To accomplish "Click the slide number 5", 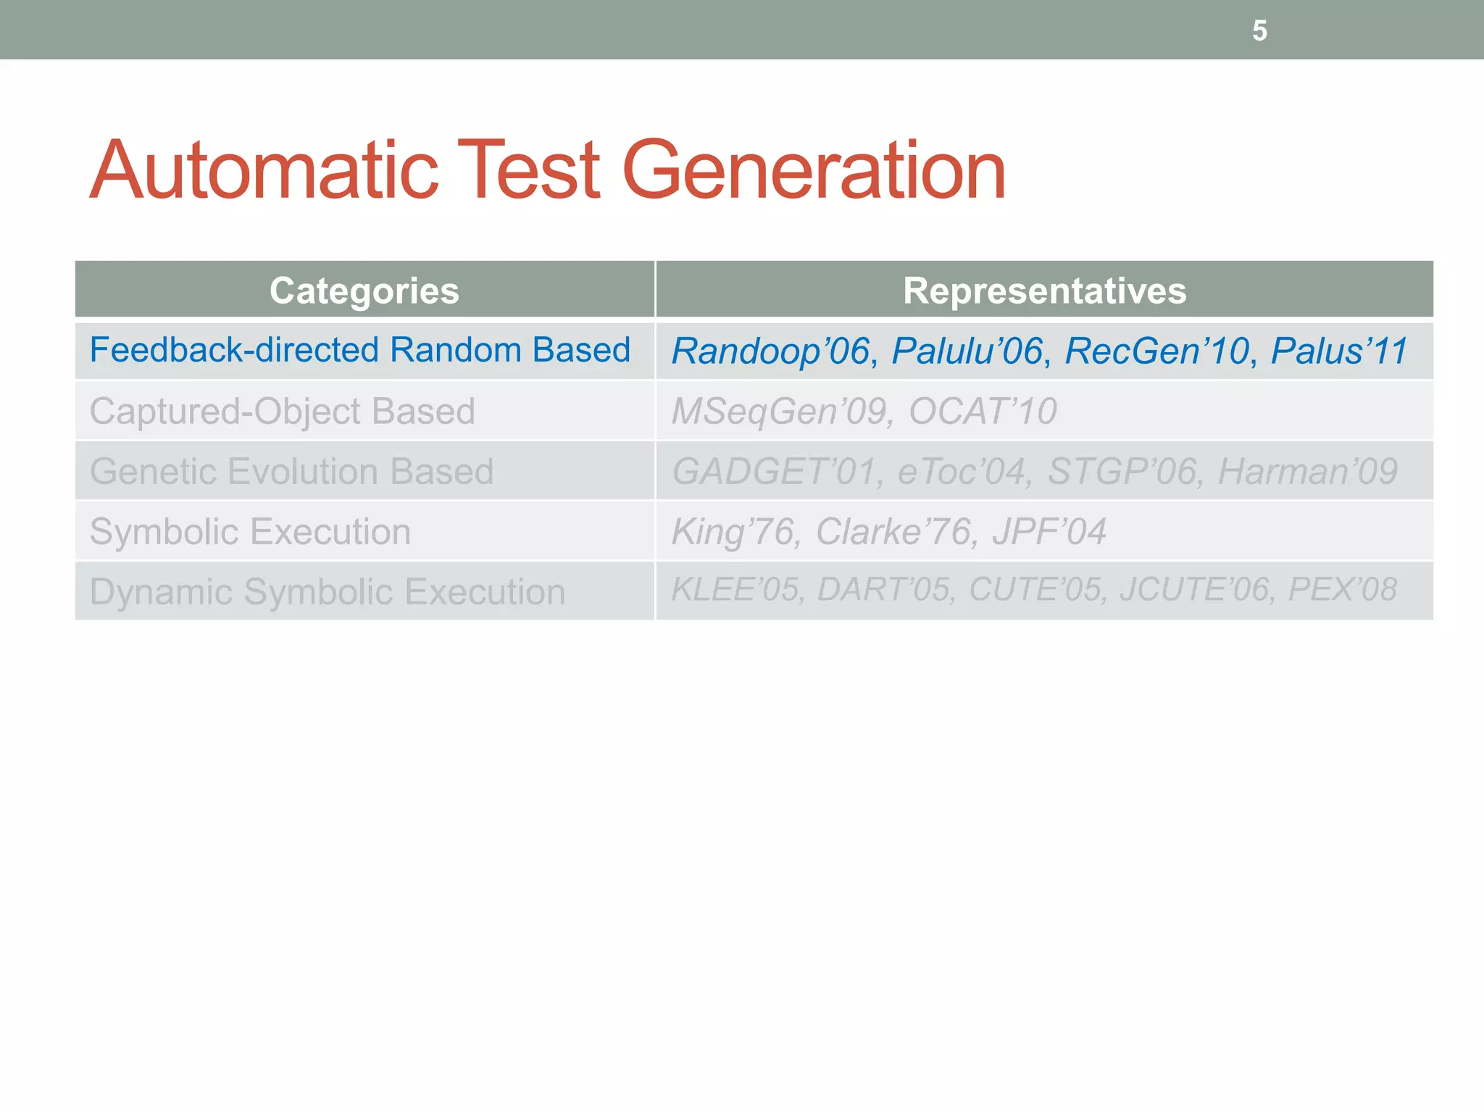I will pos(1259,31).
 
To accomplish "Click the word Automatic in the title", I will pos(264,170).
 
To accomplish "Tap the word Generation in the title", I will pos(814,170).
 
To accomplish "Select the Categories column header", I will pos(364,291).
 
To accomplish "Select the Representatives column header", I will pos(1044,291).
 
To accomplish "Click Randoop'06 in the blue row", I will pos(770,351).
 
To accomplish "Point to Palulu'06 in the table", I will pos(967,351).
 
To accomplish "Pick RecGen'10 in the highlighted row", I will pos(1157,351).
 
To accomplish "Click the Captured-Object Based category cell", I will pos(283,411).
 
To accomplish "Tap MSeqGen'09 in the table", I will pos(779,411).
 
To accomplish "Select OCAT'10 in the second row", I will pos(983,411).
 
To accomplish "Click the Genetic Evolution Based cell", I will pos(291,471).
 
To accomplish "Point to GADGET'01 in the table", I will pos(774,471).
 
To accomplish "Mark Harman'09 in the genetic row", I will pos(1307,471).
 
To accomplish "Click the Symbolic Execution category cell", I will pos(250,531).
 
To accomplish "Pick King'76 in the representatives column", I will pos(733,531).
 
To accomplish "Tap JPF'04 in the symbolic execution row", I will pos(1049,531).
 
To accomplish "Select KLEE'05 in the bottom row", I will pos(735,589).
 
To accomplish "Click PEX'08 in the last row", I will pos(1342,589).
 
